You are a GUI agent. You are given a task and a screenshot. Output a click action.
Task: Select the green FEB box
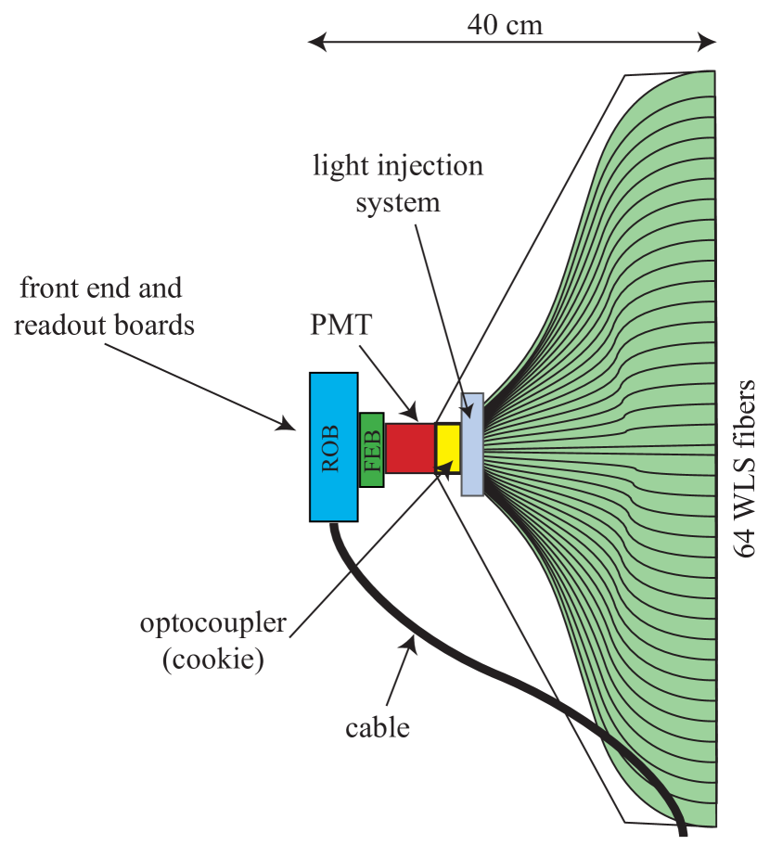tap(372, 450)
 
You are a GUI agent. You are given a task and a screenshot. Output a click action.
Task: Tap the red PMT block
tap(410, 449)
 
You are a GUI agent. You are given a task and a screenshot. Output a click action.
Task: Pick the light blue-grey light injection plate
tap(473, 444)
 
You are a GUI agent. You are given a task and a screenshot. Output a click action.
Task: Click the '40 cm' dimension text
tap(505, 25)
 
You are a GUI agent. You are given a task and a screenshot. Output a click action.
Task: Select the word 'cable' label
tap(378, 727)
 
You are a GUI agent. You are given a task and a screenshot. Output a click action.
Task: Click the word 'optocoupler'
tap(213, 623)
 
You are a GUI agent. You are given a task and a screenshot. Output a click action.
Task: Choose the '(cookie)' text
tap(213, 660)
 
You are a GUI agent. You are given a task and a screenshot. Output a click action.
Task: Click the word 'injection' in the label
tap(432, 167)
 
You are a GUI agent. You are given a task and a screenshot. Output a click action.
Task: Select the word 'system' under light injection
tap(398, 202)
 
